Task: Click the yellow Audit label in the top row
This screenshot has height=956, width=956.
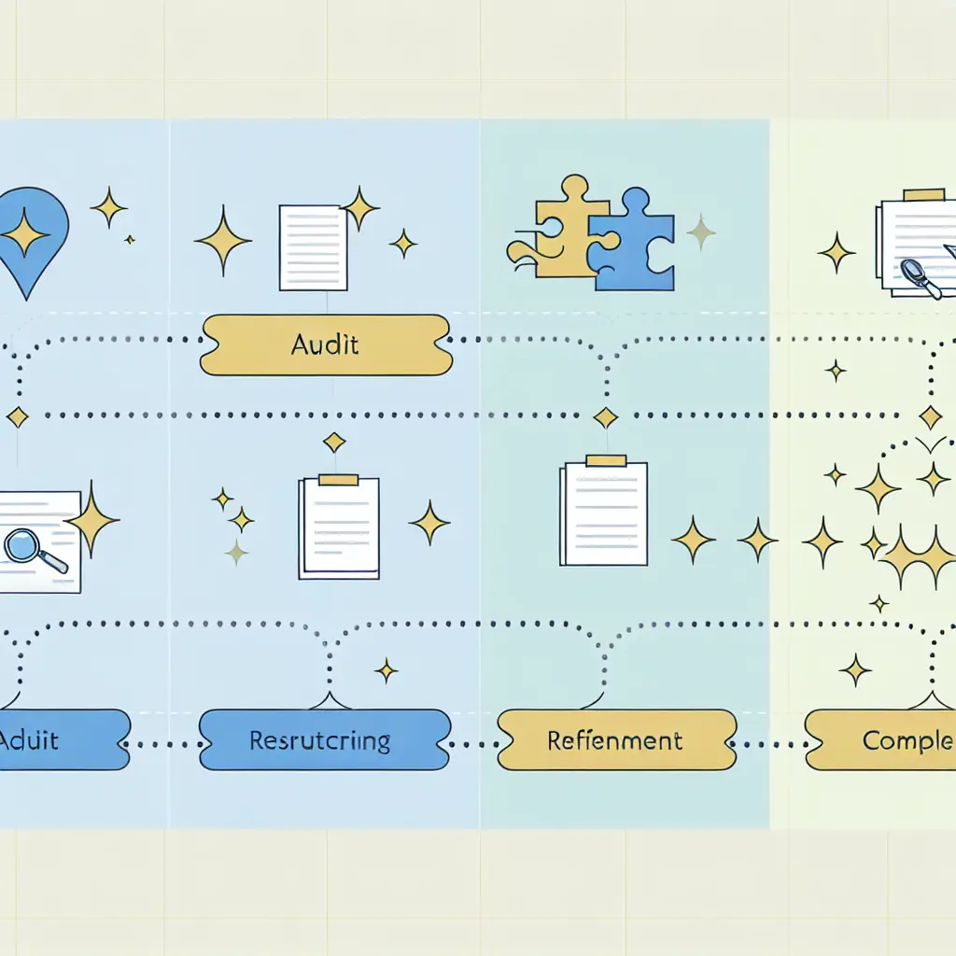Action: [x=325, y=345]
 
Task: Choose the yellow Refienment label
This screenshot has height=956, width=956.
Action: [x=616, y=740]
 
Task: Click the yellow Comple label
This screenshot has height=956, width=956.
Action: [x=882, y=740]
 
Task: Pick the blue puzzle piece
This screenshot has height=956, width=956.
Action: [x=632, y=240]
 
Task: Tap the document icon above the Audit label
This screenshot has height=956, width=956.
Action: [x=313, y=247]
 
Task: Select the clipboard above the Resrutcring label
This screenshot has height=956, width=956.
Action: [x=338, y=527]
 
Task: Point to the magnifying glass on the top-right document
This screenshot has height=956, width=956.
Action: [x=919, y=276]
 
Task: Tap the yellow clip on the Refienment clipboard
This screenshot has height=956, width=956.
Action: [x=605, y=460]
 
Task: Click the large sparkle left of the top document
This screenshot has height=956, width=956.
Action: [x=222, y=240]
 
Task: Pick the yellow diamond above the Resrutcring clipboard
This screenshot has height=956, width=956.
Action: [x=334, y=442]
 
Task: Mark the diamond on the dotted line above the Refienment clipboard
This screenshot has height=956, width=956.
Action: [x=606, y=416]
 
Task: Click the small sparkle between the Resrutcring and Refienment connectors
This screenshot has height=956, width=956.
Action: [x=386, y=669]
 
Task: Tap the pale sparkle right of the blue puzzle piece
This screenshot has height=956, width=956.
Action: [x=700, y=232]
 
